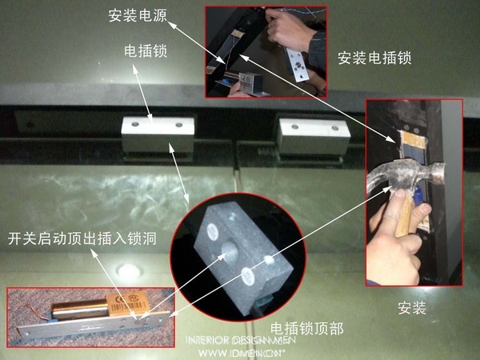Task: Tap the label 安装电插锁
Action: click(375, 58)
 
